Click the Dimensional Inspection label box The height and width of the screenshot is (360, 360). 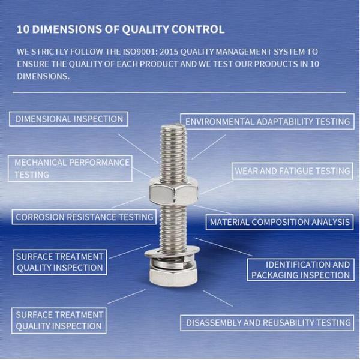click(69, 119)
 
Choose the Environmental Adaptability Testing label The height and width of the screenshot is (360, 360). click(267, 121)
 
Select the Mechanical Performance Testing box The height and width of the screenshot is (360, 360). click(72, 169)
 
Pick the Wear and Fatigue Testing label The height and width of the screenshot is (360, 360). click(292, 171)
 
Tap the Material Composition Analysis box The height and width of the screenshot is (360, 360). click(279, 222)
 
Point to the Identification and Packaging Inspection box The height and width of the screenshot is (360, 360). click(300, 269)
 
